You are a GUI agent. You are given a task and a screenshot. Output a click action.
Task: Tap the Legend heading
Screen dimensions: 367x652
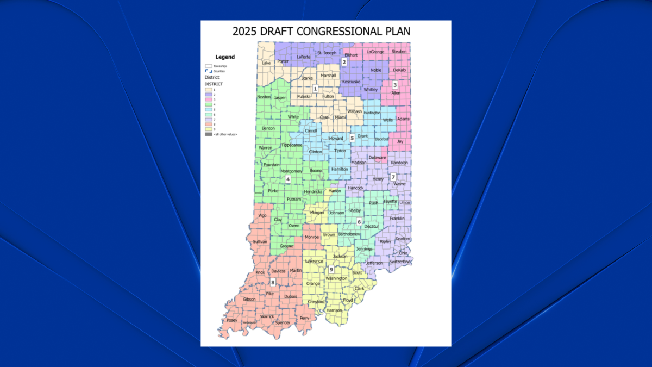(225, 57)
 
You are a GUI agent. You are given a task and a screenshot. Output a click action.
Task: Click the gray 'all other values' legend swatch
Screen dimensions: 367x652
(208, 134)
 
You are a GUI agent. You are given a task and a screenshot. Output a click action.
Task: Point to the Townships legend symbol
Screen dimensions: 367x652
(208, 66)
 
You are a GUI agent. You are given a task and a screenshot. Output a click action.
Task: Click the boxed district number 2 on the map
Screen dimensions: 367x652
(344, 62)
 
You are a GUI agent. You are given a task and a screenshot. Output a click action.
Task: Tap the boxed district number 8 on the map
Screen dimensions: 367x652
(273, 282)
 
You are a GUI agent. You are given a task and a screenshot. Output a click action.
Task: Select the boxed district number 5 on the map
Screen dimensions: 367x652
(352, 138)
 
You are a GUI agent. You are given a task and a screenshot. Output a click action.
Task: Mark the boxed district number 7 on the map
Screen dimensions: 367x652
(393, 177)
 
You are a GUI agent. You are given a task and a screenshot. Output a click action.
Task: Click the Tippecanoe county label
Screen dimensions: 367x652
(292, 145)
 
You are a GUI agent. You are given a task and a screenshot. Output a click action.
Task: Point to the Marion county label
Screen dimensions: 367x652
(335, 191)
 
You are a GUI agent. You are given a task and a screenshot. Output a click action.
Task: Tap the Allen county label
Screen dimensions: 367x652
(396, 93)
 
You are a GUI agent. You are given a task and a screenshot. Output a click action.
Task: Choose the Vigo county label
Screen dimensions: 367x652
(263, 215)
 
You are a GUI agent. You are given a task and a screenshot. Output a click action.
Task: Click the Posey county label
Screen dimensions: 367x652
(232, 320)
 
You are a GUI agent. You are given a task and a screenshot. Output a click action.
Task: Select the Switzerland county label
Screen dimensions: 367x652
(400, 262)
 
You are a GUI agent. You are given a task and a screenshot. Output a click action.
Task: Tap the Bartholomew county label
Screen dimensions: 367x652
(349, 234)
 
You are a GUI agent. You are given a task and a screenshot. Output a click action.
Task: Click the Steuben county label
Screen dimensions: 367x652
(399, 52)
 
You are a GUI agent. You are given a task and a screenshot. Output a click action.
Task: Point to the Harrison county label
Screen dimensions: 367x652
(334, 310)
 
